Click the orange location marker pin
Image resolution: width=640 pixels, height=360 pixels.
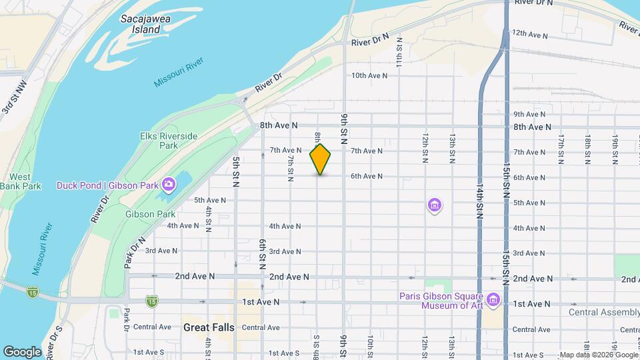tap(321, 159)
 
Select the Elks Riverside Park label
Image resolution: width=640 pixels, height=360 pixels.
tap(169, 140)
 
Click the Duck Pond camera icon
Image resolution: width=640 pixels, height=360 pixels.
tap(169, 185)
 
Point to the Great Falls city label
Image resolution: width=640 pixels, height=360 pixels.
tap(207, 327)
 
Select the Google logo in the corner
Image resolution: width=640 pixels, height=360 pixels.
tap(22, 351)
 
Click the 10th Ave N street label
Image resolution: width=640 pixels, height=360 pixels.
tap(369, 75)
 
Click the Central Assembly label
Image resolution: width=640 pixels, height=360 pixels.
tap(604, 312)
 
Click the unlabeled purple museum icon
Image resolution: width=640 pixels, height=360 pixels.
tap(435, 205)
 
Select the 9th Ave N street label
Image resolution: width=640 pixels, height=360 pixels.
tap(531, 114)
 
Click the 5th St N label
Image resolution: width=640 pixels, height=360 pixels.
tap(237, 171)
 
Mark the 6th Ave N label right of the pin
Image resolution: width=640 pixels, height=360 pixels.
tap(367, 176)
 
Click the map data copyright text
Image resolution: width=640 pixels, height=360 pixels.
tap(598, 355)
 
